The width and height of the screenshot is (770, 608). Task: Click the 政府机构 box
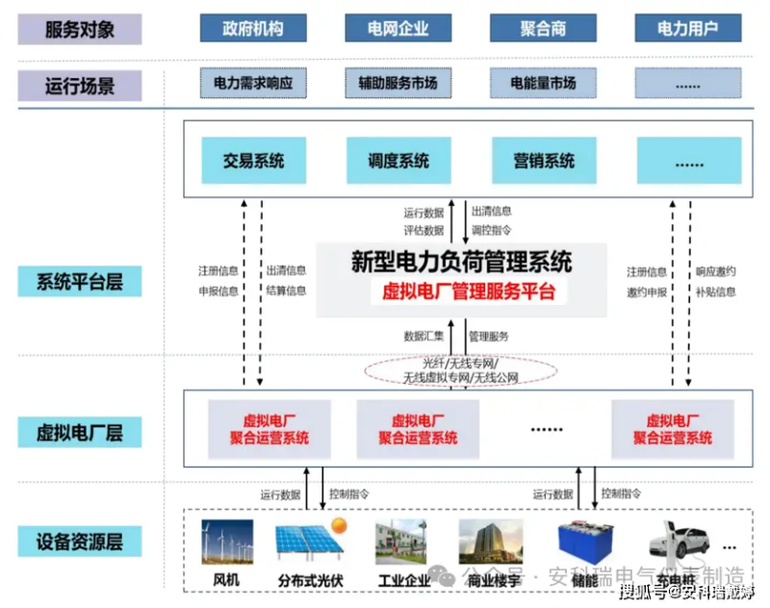coord(253,28)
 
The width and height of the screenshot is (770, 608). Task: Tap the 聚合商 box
coord(543,28)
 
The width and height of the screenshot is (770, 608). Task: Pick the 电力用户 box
coord(687,28)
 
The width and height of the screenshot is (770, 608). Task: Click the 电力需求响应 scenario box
coord(253,84)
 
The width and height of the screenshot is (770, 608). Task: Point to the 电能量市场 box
coord(543,84)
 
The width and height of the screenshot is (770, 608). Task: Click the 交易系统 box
coord(253,161)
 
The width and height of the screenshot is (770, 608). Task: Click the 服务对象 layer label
coord(80,29)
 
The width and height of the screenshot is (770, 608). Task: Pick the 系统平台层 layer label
coord(80,283)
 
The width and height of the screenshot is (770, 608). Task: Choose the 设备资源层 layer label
coord(80,541)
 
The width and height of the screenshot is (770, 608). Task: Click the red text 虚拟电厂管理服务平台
coord(462,291)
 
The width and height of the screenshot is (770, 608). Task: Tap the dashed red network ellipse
coord(461,371)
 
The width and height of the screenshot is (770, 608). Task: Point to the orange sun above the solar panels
coord(339,525)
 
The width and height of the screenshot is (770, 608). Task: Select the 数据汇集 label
coord(423,336)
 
